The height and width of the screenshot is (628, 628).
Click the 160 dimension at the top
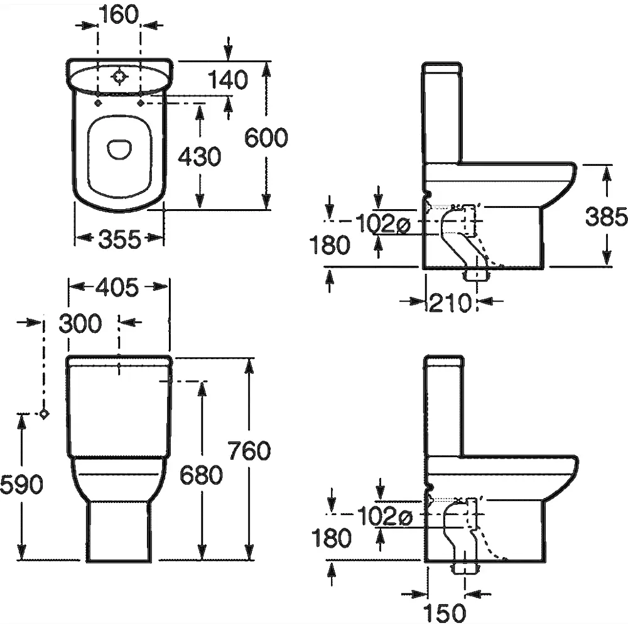tap(119, 14)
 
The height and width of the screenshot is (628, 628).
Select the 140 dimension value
tap(227, 80)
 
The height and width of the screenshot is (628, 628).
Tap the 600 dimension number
tap(266, 138)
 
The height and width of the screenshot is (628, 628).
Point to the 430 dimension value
tap(200, 156)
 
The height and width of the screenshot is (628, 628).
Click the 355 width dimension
tap(119, 239)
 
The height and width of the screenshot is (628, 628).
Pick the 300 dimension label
tap(80, 323)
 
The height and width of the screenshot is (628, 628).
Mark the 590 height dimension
tap(21, 484)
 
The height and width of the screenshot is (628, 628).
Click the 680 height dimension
tap(201, 475)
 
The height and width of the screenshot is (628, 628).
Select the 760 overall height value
tap(249, 451)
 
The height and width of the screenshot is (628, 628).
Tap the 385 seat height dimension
tap(607, 217)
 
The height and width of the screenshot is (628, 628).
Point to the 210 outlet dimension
tap(450, 303)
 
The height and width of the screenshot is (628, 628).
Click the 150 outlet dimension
tap(445, 612)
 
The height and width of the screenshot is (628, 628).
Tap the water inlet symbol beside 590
tap(43, 413)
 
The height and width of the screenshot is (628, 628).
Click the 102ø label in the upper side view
tap(382, 222)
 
